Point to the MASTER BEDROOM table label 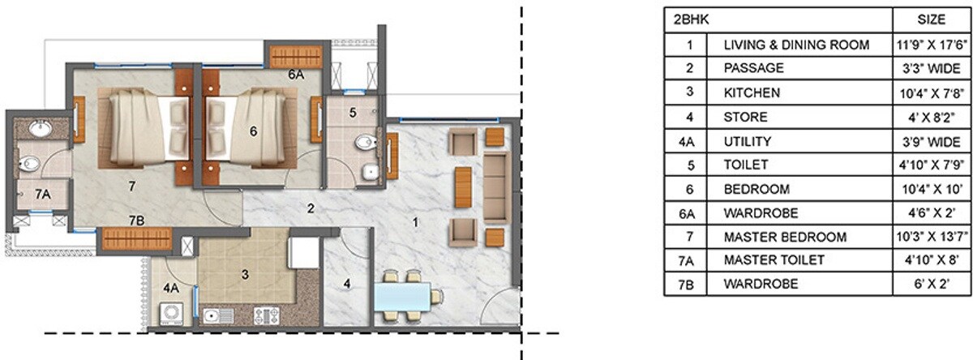(785, 237)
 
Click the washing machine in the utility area (171, 312)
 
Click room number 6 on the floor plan (253, 131)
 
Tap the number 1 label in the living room (414, 220)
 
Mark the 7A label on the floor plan (42, 193)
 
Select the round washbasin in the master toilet (39, 127)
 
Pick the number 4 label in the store (345, 284)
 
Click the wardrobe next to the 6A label (296, 56)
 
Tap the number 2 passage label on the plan (310, 208)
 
